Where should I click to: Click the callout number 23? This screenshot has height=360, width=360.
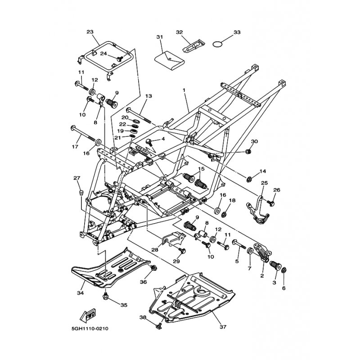point(90,32)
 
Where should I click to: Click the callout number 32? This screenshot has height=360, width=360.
point(179,32)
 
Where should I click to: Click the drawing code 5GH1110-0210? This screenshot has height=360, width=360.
point(89,329)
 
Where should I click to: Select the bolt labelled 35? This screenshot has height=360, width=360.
point(105,297)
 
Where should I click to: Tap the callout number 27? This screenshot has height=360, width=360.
point(76,178)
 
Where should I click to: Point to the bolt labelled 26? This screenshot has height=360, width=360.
point(271,203)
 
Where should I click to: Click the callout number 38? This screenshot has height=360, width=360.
point(143,318)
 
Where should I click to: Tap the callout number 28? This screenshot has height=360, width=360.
point(155,249)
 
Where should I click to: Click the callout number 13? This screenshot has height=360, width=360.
point(148,96)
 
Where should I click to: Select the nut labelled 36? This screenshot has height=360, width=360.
point(154,268)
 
